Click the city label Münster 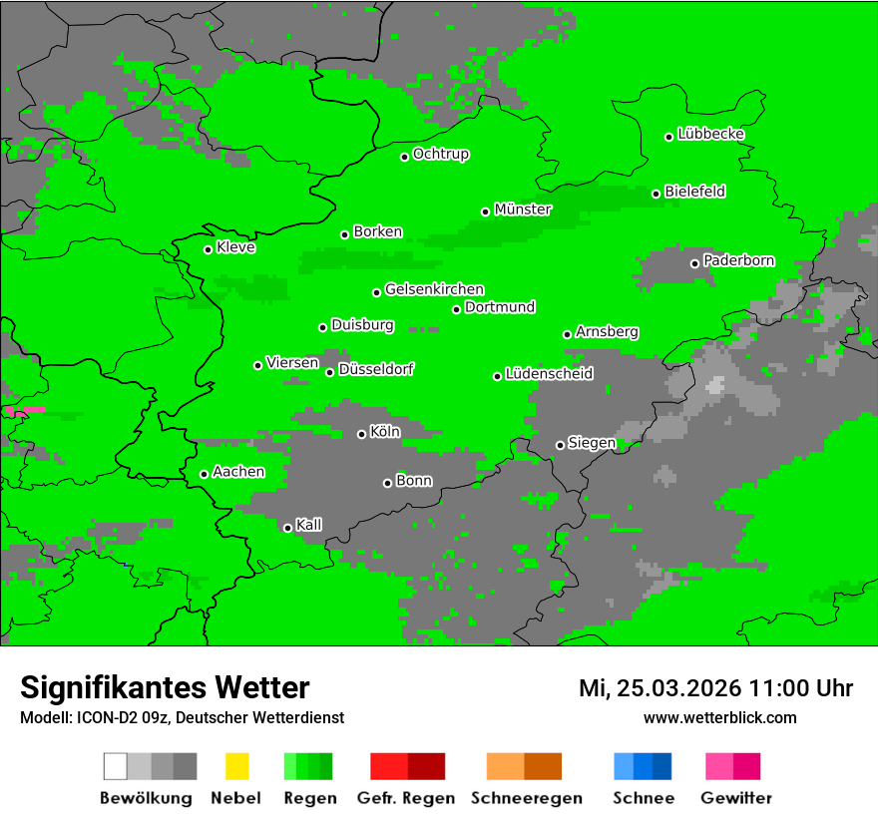[523, 209]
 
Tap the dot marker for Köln [361, 434]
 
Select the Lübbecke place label [711, 134]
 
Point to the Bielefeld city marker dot [657, 194]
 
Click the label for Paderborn [739, 261]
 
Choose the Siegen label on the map [592, 443]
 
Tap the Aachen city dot [204, 474]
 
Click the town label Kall [309, 525]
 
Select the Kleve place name [236, 247]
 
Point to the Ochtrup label [441, 155]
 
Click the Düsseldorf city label [376, 370]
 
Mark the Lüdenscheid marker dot [497, 376]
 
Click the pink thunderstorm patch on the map [25, 410]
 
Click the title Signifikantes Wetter [165, 687]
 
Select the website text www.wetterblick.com [720, 717]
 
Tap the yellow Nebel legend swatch [236, 766]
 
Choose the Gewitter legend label [736, 798]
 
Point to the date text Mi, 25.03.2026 [660, 688]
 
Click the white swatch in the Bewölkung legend [116, 766]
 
